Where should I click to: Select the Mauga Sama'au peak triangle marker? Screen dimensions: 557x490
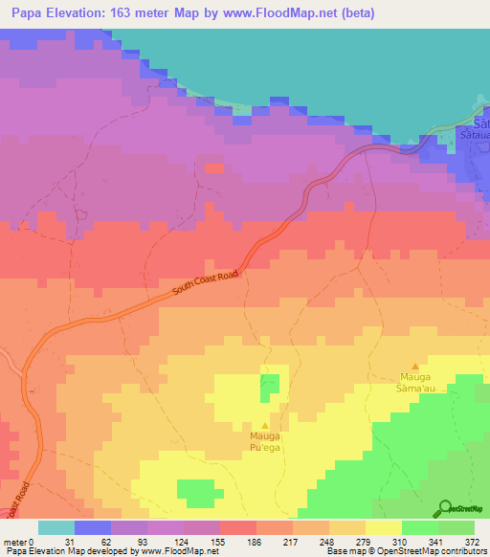(414, 366)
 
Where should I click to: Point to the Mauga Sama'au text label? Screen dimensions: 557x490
(414, 382)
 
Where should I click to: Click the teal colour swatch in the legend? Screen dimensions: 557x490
(56, 527)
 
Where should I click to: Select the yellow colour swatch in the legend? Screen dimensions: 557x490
(384, 527)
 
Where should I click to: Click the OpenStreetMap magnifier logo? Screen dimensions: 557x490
(445, 507)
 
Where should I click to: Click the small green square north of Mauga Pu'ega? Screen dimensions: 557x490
(270, 386)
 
